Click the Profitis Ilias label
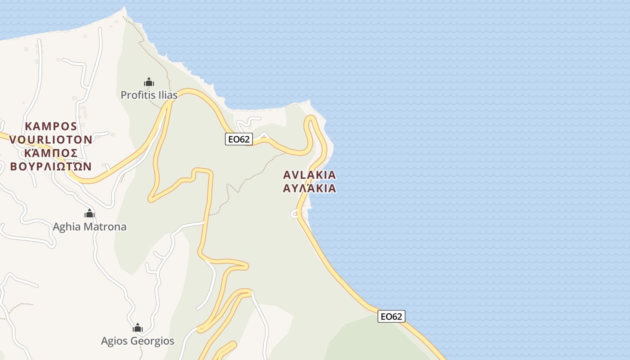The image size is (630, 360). [x=149, y=95]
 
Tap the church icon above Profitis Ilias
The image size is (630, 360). [x=149, y=82]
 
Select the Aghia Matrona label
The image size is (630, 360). [x=90, y=226]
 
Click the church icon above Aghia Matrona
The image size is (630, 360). [x=90, y=213]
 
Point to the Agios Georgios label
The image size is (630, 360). [x=137, y=341]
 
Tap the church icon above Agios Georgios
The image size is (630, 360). [x=138, y=327]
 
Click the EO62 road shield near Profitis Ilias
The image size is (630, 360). [x=238, y=139]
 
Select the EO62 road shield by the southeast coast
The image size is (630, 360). [x=391, y=316]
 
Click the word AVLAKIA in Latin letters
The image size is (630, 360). [x=310, y=175]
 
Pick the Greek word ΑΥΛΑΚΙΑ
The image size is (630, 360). [x=310, y=188]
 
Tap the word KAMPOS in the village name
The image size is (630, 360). [x=51, y=126]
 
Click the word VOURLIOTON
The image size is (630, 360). [x=51, y=139]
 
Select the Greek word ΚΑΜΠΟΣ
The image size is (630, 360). [x=51, y=153]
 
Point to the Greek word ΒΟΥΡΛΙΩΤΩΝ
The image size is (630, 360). [x=51, y=166]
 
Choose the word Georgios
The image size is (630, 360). [x=152, y=341]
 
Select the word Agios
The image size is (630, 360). [x=114, y=341]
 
